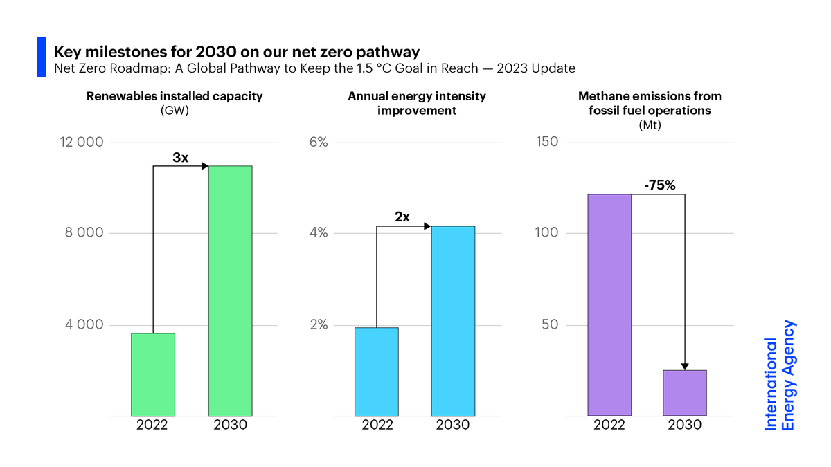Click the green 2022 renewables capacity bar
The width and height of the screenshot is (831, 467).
tap(153, 374)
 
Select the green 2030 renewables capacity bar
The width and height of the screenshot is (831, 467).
tap(230, 291)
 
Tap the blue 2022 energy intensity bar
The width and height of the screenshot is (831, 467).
tap(376, 372)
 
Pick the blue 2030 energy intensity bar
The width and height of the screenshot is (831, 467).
tap(453, 320)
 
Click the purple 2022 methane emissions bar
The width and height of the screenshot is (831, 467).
tap(609, 304)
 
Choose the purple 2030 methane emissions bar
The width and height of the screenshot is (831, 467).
tap(685, 393)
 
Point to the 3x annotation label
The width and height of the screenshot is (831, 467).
tap(180, 158)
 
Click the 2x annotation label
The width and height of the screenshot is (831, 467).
tap(402, 217)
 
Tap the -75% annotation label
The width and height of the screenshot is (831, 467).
tap(659, 186)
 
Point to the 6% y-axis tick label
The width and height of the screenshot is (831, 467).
tap(319, 143)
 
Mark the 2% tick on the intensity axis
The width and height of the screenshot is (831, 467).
tap(319, 325)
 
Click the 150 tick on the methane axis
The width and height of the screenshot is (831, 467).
tap(547, 143)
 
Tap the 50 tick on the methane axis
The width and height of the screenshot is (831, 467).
tap(551, 325)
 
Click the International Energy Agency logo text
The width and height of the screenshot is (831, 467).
tap(780, 376)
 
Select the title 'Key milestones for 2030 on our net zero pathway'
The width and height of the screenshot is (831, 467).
tap(238, 52)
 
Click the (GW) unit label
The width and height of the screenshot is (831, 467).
tap(175, 110)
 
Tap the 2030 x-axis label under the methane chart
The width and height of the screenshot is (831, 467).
tap(685, 425)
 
